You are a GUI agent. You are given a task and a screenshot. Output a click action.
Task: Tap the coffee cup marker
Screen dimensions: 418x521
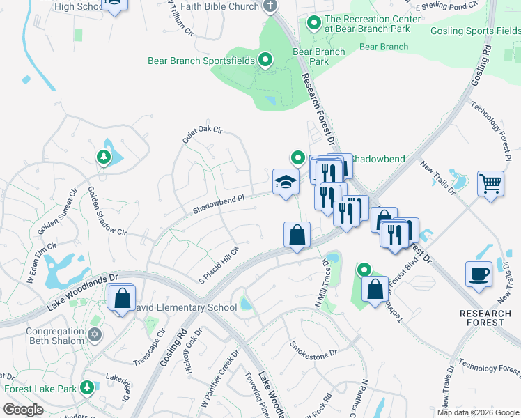point(479,274)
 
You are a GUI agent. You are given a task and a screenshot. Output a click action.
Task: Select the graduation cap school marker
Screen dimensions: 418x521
point(286,183)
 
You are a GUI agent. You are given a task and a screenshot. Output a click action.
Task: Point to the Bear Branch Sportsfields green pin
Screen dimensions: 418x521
point(265,61)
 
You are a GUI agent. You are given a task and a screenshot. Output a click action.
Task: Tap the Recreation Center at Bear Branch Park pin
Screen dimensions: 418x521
point(314,24)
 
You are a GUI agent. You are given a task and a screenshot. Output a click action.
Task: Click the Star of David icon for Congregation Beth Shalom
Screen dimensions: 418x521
point(94,335)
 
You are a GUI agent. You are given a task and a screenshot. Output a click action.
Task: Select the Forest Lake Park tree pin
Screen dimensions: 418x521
point(87,387)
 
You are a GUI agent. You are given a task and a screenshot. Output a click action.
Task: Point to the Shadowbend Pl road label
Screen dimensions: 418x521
point(219,199)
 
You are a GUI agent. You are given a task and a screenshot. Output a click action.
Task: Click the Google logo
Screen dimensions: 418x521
point(23,410)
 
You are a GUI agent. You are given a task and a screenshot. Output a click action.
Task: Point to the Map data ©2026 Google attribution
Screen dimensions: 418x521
point(477,412)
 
